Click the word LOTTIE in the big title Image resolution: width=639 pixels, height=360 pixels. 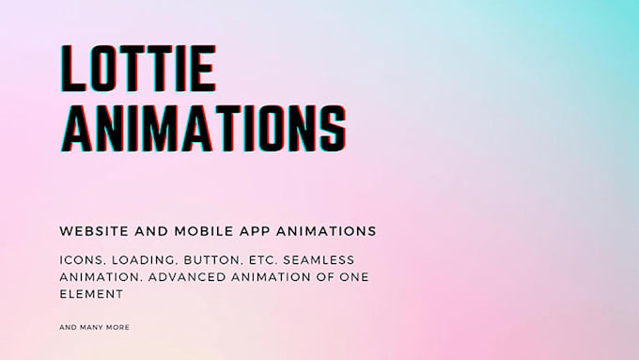(x=138, y=68)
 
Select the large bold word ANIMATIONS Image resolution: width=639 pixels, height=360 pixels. (x=203, y=129)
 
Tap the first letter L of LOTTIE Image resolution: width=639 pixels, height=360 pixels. (x=73, y=68)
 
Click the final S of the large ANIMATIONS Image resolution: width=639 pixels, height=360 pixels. (x=333, y=129)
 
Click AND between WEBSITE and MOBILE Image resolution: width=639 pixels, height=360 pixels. (x=151, y=231)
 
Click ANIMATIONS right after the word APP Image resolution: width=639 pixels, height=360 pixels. (x=326, y=231)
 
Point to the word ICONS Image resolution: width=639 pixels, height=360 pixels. (x=83, y=260)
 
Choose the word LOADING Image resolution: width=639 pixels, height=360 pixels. (x=145, y=260)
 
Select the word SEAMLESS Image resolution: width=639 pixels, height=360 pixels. (x=319, y=260)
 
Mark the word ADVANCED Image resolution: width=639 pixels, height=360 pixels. (x=187, y=277)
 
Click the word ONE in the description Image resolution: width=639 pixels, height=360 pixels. (x=354, y=277)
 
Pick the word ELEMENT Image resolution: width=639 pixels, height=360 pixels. (x=91, y=294)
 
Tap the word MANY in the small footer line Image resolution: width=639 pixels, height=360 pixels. (x=91, y=327)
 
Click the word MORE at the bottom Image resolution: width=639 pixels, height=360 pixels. (x=117, y=327)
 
